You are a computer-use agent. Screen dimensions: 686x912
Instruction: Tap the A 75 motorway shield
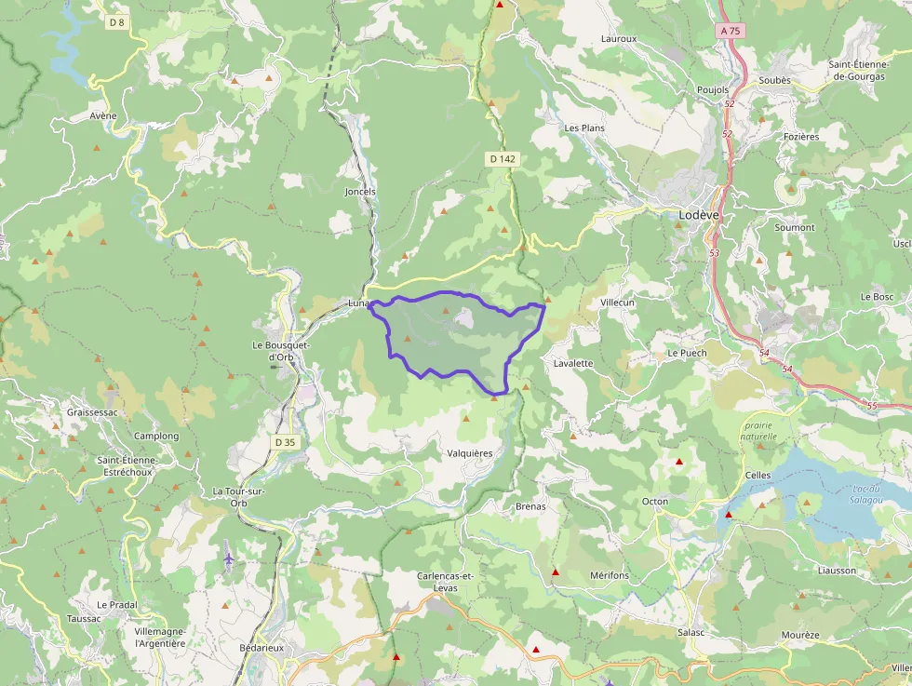coord(731,31)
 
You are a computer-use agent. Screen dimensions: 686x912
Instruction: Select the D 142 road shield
coord(502,159)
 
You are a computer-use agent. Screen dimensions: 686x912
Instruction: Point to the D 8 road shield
coord(116,21)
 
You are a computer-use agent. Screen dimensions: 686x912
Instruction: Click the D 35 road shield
coord(285,442)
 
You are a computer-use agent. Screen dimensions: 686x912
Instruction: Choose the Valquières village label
coord(470,452)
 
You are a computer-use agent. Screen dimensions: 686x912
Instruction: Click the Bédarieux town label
coord(261,647)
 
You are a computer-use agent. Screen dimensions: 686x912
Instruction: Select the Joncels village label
coord(360,192)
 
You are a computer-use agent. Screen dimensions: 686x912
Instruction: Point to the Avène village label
coord(103,115)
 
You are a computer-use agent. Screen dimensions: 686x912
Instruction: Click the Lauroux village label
coord(619,39)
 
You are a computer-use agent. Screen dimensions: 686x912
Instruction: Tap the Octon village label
coord(655,502)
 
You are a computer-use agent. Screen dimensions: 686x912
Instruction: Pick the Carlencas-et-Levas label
coord(446,582)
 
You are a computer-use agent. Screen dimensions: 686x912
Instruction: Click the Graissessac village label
coord(93,411)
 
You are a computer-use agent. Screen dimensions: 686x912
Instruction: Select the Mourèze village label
coord(800,635)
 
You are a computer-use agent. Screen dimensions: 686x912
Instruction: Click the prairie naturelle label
coord(758,430)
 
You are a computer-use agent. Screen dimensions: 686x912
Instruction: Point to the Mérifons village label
coord(610,575)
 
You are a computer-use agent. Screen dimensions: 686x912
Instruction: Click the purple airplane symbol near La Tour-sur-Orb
coord(229,558)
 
